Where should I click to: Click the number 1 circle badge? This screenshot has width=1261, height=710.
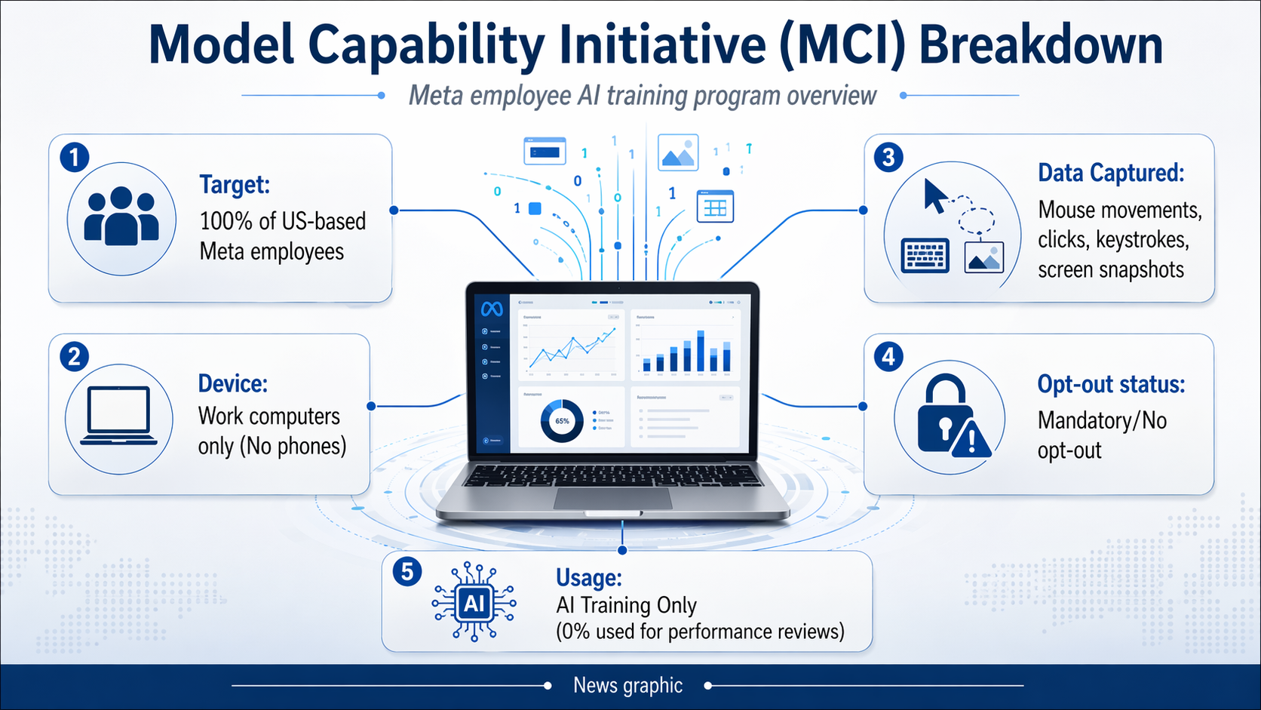click(x=75, y=158)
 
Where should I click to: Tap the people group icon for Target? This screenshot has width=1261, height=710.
click(x=121, y=218)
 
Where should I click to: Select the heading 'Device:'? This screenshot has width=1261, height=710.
click(x=232, y=383)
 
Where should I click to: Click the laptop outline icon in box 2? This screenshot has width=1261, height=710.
click(x=118, y=416)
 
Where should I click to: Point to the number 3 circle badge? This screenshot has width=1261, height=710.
click(x=888, y=158)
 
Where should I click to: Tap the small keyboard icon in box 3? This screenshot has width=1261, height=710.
click(x=925, y=256)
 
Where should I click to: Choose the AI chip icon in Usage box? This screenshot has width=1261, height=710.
click(x=474, y=603)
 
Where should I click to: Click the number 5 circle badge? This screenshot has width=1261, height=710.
click(x=407, y=572)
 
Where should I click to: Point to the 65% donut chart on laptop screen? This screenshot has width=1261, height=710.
click(x=562, y=421)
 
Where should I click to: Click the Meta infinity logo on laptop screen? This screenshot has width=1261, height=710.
click(x=492, y=309)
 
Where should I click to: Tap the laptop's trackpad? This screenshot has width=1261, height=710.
click(x=612, y=499)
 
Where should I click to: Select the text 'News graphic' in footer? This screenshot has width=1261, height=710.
click(x=627, y=685)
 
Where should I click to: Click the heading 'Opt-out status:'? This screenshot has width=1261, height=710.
click(x=1111, y=384)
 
